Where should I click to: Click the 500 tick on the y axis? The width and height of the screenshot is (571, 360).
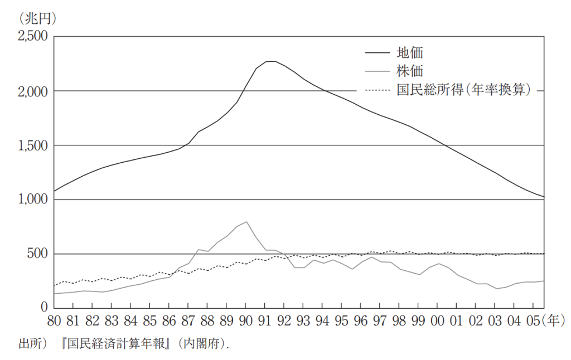click(37, 254)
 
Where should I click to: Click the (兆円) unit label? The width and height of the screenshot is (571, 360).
click(37, 18)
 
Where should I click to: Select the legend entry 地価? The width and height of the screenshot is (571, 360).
click(409, 53)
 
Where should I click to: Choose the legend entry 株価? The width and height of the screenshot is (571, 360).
click(409, 71)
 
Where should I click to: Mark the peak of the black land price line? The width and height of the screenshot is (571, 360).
click(271, 61)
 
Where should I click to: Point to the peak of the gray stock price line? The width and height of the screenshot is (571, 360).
click(246, 222)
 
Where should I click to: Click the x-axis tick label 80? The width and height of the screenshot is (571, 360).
click(54, 322)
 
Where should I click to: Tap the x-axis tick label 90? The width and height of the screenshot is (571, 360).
click(245, 322)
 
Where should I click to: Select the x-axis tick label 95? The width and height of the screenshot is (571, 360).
click(341, 322)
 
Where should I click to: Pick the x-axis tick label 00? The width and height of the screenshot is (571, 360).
click(437, 322)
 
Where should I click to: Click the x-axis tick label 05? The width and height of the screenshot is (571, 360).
click(533, 322)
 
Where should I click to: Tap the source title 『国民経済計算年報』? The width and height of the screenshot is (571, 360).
click(119, 344)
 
